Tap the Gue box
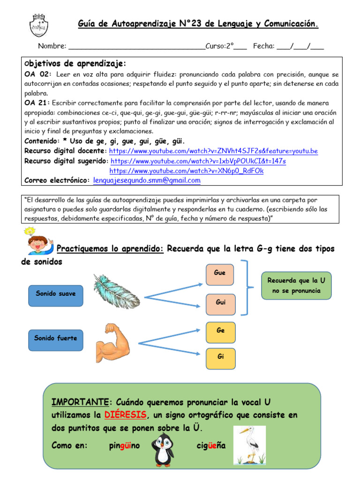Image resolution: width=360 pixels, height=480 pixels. pyautogui.click(x=220, y=273)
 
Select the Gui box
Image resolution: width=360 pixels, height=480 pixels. pyautogui.click(x=220, y=303)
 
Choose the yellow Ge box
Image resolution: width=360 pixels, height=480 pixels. pyautogui.click(x=221, y=331)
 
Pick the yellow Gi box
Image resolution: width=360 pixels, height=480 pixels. pyautogui.click(x=221, y=357)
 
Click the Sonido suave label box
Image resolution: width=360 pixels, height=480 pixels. pyautogui.click(x=56, y=294)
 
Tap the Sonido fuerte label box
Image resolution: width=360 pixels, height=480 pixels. pyautogui.click(x=56, y=338)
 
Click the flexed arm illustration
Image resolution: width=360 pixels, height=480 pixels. pyautogui.click(x=113, y=340)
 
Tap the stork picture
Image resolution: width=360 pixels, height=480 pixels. pyautogui.click(x=249, y=445)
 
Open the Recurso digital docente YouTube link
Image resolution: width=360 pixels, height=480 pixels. pyautogui.click(x=213, y=151)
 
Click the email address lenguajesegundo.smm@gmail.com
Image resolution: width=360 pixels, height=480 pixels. pyautogui.click(x=147, y=180)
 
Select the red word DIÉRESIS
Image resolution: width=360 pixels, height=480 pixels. pyautogui.click(x=126, y=415)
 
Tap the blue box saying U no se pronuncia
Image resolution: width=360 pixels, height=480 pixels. pyautogui.click(x=296, y=285)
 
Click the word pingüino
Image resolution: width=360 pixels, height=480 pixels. pyautogui.click(x=124, y=445)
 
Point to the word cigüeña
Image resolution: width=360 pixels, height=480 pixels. pyautogui.click(x=211, y=445)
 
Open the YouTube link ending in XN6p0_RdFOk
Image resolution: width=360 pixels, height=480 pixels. pyautogui.click(x=187, y=171)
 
